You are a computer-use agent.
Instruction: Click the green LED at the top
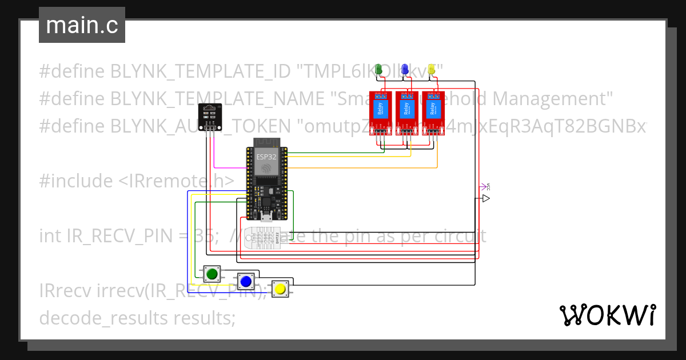tap(378, 69)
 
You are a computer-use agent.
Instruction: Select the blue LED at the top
tap(405, 69)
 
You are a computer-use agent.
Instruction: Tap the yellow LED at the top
tap(432, 69)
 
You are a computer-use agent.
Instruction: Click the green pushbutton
tap(212, 274)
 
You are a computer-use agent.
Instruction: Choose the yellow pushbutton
tap(280, 289)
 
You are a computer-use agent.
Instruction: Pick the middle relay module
tap(406, 114)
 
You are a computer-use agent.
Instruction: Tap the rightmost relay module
tap(433, 114)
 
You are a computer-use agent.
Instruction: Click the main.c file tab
tap(82, 25)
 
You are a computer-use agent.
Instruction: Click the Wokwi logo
tap(607, 315)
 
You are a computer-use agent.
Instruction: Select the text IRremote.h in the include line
tap(176, 181)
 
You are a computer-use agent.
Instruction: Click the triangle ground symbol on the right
tap(485, 198)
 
